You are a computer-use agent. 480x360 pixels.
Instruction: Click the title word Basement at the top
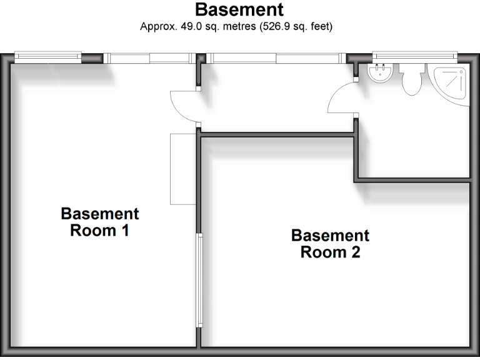239,10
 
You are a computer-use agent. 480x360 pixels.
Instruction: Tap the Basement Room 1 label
99,222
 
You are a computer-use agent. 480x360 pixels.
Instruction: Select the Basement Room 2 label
330,244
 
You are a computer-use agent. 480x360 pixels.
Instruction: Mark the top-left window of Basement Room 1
47,57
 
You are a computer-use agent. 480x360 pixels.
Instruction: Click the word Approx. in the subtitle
156,27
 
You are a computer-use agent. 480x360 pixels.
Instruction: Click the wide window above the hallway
277,57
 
